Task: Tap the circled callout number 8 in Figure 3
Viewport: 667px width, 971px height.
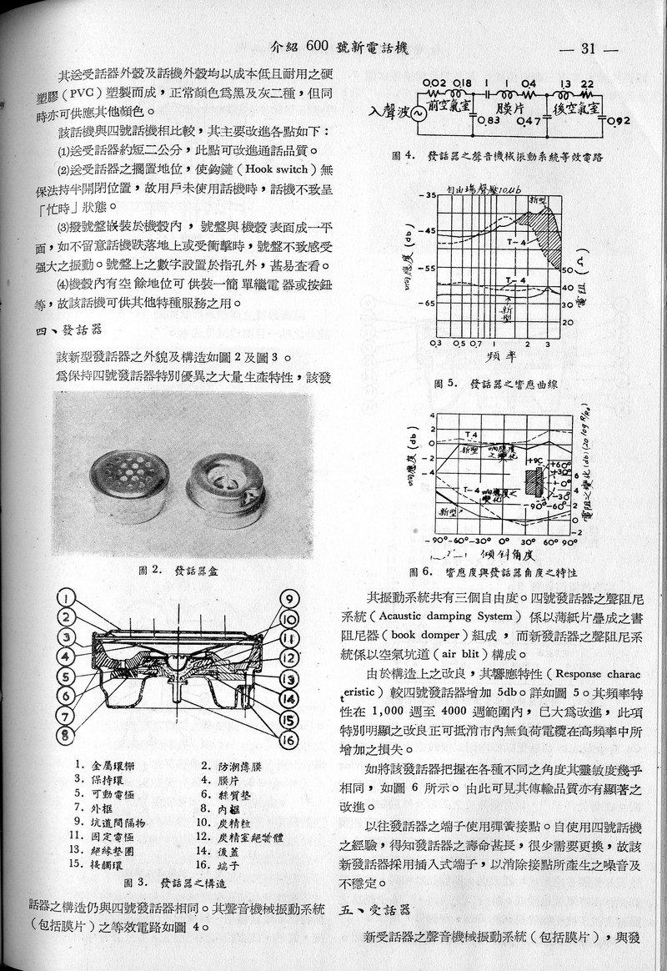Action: click(66, 734)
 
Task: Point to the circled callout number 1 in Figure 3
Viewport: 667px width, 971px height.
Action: click(67, 597)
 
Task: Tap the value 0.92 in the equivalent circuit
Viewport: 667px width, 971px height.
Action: click(619, 122)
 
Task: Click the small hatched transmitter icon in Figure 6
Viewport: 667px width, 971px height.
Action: click(533, 481)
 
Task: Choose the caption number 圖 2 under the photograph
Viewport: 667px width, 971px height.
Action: click(151, 571)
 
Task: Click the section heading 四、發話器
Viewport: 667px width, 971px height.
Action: click(53, 331)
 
